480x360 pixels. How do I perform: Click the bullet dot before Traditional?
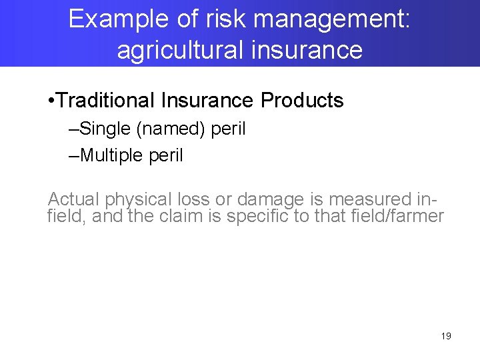point(52,101)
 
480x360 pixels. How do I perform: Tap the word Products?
point(302,101)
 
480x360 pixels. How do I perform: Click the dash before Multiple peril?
point(73,155)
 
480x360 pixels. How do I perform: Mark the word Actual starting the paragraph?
point(73,199)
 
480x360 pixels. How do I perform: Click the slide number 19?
point(446,336)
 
